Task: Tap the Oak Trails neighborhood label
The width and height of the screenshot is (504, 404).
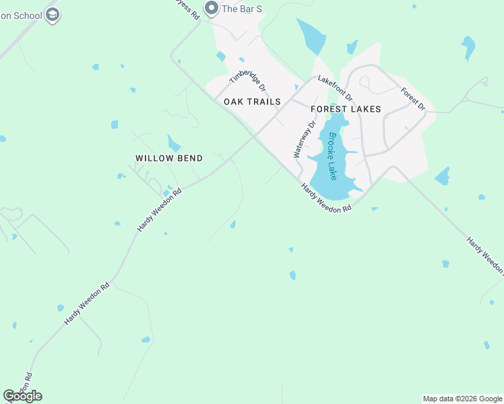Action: point(251,102)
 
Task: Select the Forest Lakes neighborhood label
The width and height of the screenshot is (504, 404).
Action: point(346,109)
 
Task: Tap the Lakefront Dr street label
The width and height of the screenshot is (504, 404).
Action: point(335,88)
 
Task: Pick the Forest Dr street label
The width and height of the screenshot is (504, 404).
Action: point(413,99)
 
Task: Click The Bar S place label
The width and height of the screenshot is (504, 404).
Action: point(242,8)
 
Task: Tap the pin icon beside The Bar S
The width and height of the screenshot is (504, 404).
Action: point(212,8)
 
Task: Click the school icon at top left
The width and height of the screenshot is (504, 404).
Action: point(53,15)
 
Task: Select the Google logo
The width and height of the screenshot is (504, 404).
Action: point(22,396)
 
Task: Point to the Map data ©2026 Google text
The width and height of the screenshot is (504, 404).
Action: point(462,399)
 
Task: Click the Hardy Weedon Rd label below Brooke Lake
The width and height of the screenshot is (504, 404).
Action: point(326,199)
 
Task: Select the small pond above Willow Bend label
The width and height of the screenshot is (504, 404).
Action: point(174,143)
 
